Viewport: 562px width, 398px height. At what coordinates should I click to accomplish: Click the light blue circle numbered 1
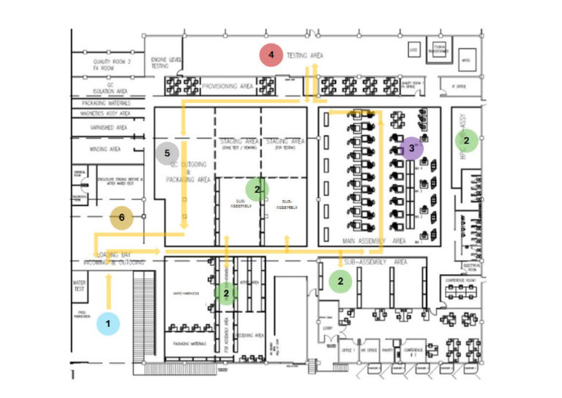tap(108, 323)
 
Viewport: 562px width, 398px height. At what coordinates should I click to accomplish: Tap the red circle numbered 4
tap(271, 54)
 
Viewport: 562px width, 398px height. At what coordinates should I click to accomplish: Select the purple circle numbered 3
tap(412, 149)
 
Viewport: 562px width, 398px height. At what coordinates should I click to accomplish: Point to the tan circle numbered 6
tap(121, 218)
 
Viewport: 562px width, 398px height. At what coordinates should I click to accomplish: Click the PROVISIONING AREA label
tap(228, 86)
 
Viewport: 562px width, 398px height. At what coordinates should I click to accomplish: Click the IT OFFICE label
tap(459, 86)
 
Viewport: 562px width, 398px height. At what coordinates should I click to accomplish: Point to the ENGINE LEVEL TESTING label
tap(160, 62)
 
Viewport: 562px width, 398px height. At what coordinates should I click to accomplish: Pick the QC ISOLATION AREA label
tap(110, 89)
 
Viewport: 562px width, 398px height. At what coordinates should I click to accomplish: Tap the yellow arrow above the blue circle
tap(109, 290)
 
